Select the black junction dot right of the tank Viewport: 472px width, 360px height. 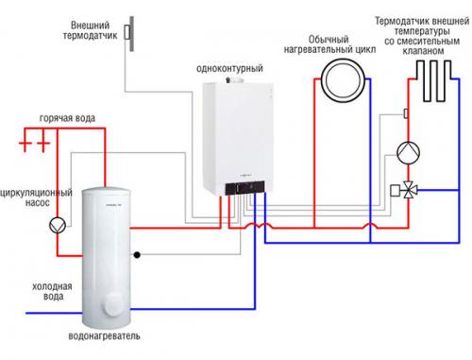pyautogui.click(x=138, y=254)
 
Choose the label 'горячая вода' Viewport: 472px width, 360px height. pyautogui.click(x=66, y=124)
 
